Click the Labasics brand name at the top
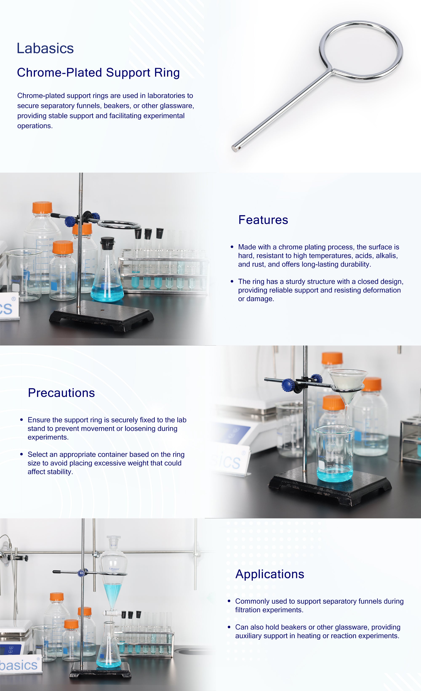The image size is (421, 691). tap(45, 48)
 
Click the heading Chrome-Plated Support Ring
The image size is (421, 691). tap(98, 72)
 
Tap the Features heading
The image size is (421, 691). tap(263, 220)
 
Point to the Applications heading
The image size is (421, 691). tap(270, 574)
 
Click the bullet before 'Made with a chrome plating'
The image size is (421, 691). tap(232, 247)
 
